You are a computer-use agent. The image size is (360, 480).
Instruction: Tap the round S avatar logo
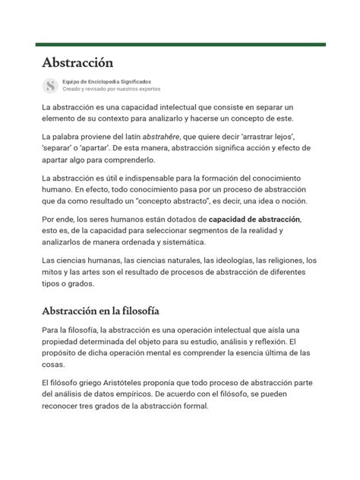51,85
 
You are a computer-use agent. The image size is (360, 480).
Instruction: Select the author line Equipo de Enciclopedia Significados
106,81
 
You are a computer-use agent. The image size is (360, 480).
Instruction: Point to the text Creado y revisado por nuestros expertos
111,89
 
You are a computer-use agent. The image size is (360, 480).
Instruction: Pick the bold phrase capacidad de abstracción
254,219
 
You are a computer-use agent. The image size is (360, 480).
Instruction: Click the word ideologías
235,260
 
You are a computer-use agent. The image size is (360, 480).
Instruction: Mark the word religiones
286,260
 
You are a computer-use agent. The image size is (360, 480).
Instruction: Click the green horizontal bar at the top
180,45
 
